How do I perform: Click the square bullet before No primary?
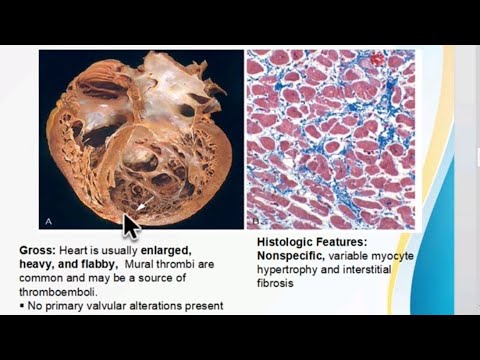22,305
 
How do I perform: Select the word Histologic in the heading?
278,242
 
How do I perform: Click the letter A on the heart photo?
49,218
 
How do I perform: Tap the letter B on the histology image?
256,219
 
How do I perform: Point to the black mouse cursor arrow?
131,225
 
